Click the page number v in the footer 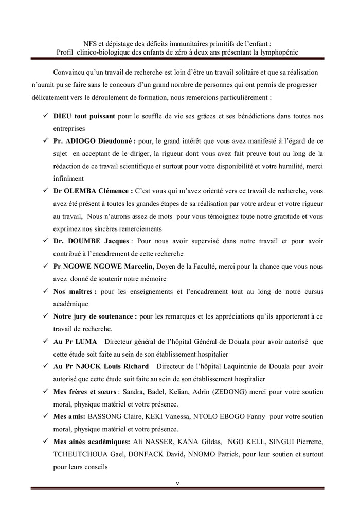point(176,483)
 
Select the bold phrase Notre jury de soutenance point(95,316)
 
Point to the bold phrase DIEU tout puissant point(84,115)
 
